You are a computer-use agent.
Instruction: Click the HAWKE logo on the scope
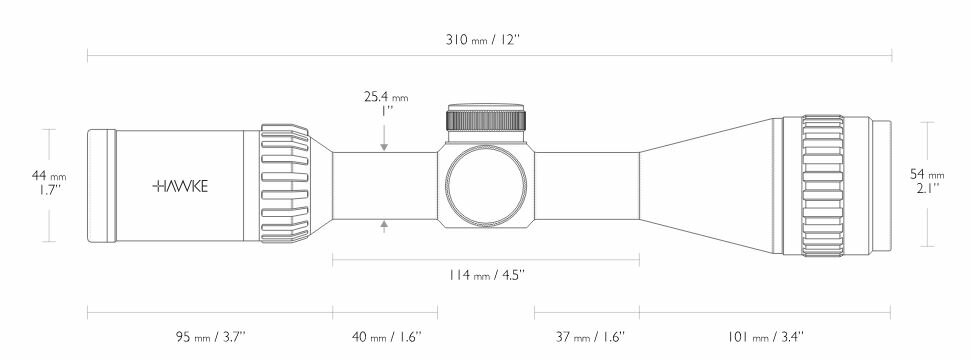pos(180,187)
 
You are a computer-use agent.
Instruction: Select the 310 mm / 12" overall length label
pos(483,40)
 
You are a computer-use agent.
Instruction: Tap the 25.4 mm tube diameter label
pos(386,97)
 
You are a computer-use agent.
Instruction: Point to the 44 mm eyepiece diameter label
pos(49,176)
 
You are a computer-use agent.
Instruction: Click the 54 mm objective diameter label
pos(927,175)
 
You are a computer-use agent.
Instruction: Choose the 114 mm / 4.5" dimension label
pos(487,274)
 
